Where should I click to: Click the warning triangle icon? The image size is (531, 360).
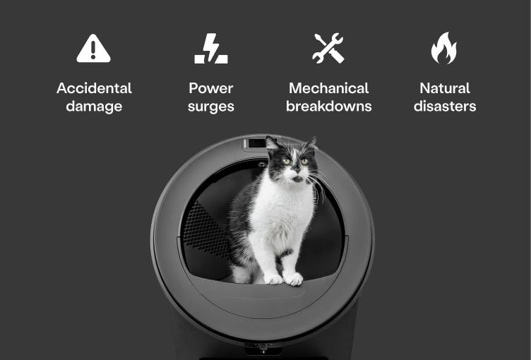pos(94,49)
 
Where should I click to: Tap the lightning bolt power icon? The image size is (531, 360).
pos(211,49)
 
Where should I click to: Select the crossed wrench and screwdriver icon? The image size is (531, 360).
pos(328,49)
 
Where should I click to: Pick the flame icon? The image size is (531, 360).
pos(444,49)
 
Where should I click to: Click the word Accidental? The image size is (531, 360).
pos(94,88)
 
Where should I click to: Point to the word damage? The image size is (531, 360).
pos(94,107)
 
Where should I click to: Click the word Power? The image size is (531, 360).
pos(211,88)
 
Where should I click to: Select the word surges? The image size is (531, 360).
pos(211,107)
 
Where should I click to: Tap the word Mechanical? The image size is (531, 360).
pos(328,88)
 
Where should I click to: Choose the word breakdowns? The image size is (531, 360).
pos(328,107)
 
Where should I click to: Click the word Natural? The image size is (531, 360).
pos(445,88)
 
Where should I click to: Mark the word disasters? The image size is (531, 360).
pos(445,107)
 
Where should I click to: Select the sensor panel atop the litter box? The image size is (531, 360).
pos(254,144)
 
